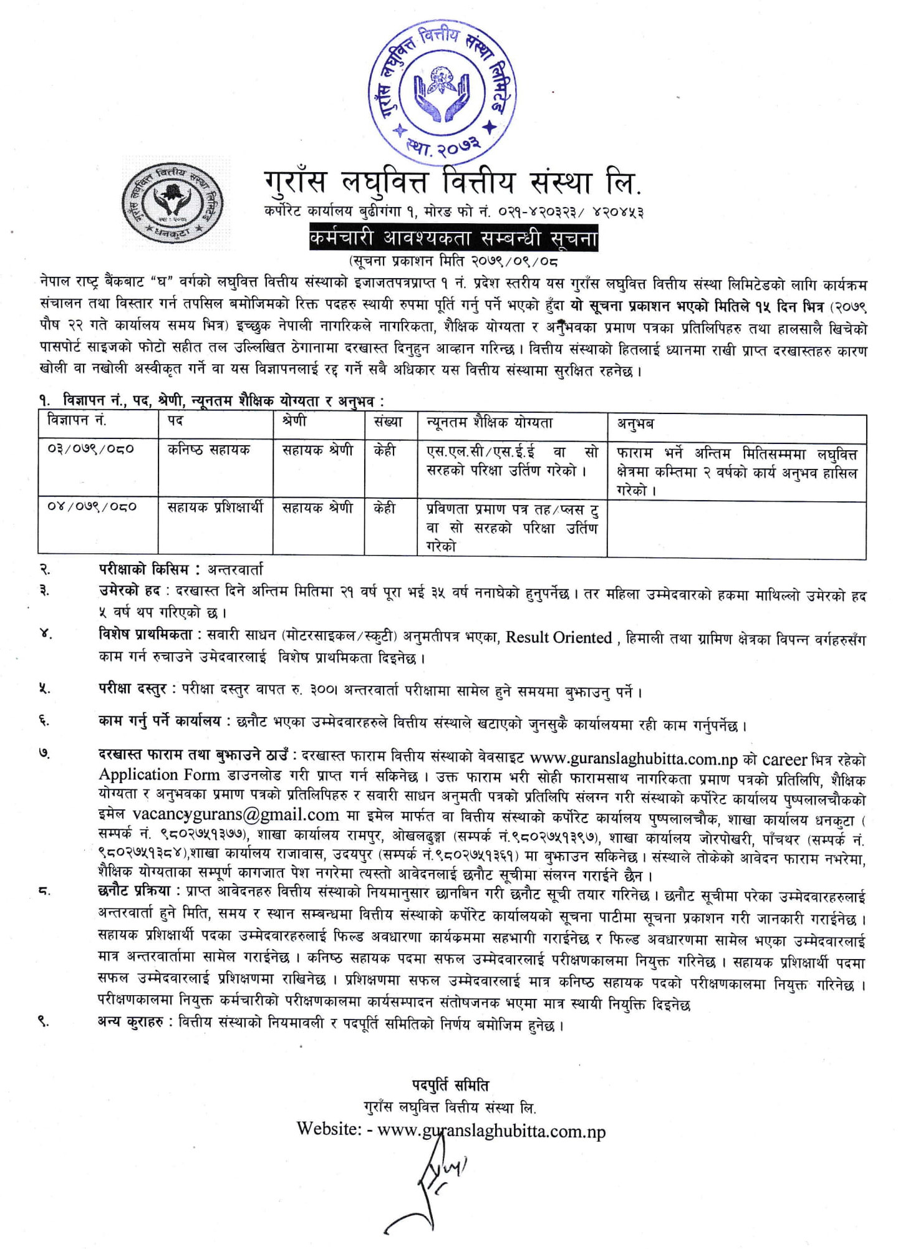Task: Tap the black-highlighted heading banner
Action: (x=453, y=239)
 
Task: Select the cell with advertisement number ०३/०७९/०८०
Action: (x=91, y=449)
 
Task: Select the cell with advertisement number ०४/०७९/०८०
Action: (x=91, y=507)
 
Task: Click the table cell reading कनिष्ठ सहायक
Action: (x=209, y=450)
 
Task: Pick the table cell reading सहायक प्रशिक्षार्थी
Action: (x=215, y=508)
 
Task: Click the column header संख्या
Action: (x=388, y=422)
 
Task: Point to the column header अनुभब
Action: (x=635, y=423)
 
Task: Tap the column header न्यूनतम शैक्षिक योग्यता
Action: (x=490, y=423)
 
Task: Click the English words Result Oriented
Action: (x=559, y=637)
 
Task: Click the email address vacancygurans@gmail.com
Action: (x=236, y=814)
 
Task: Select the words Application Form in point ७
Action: (x=159, y=774)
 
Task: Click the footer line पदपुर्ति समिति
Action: (x=450, y=1085)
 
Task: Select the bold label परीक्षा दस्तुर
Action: (x=132, y=690)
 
